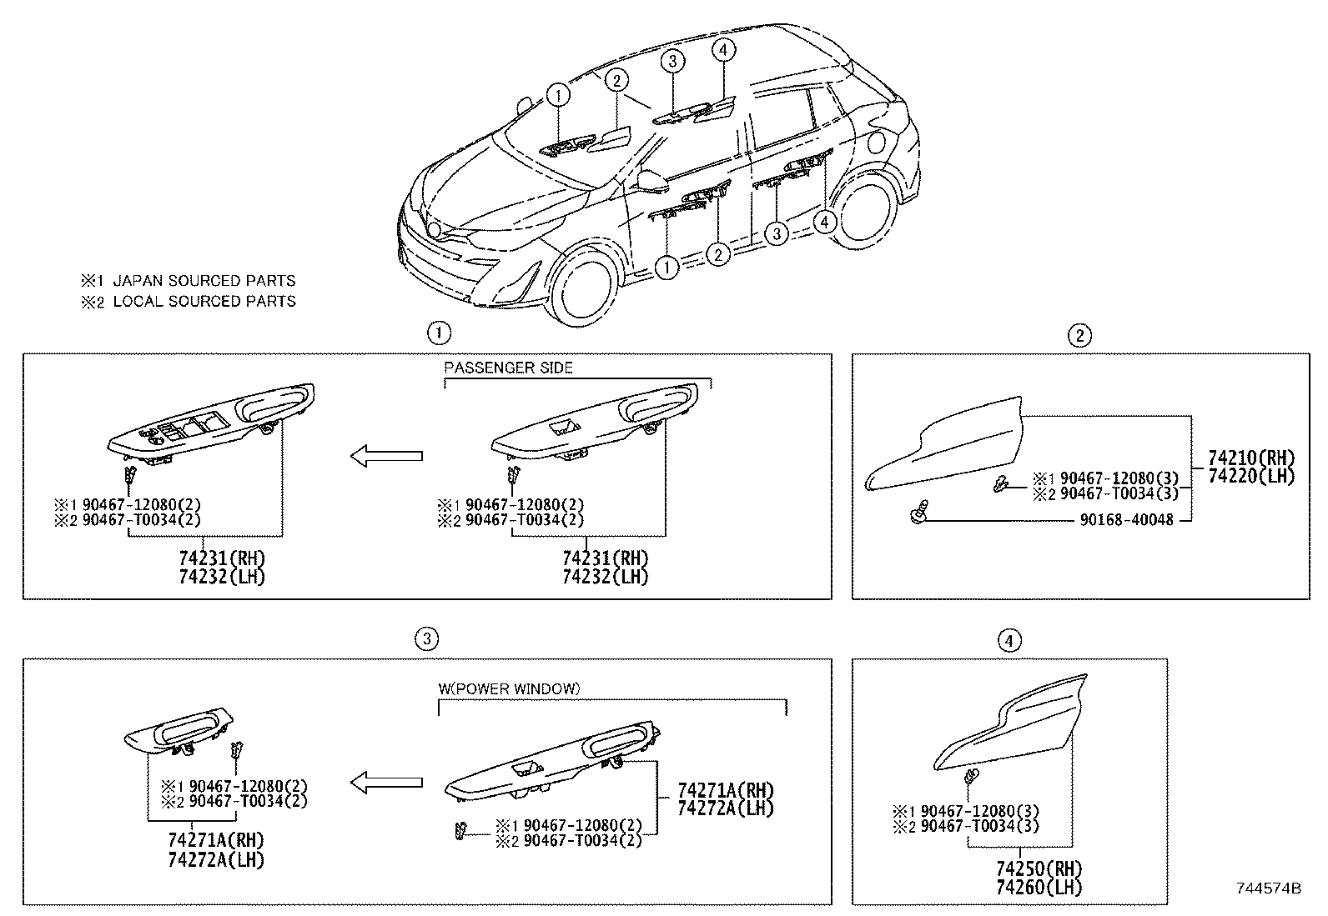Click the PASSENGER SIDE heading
pyautogui.click(x=508, y=368)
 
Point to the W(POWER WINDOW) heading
pyautogui.click(x=508, y=688)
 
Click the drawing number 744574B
pyautogui.click(x=1268, y=888)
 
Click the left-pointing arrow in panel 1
pyautogui.click(x=386, y=456)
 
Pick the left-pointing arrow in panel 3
pyautogui.click(x=386, y=783)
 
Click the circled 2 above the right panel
pyautogui.click(x=1079, y=336)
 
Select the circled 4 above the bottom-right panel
pyautogui.click(x=1009, y=640)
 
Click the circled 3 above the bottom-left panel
pyautogui.click(x=425, y=639)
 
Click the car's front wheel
pyautogui.click(x=584, y=286)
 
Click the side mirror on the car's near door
pyautogui.click(x=650, y=179)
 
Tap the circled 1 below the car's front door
pyautogui.click(x=667, y=267)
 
